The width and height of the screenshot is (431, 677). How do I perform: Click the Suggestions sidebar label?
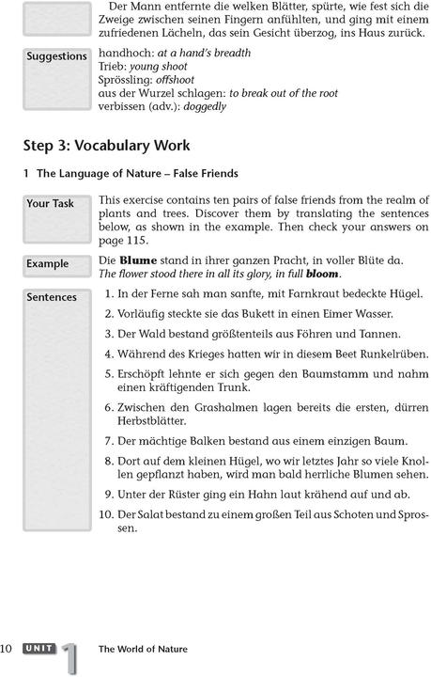(56, 56)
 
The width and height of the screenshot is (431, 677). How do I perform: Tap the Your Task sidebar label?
(51, 203)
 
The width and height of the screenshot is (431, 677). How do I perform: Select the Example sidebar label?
(48, 263)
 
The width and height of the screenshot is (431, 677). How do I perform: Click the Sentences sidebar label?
(52, 297)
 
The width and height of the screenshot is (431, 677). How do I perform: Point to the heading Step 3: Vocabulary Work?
(106, 146)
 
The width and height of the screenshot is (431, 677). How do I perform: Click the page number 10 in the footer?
(8, 649)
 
